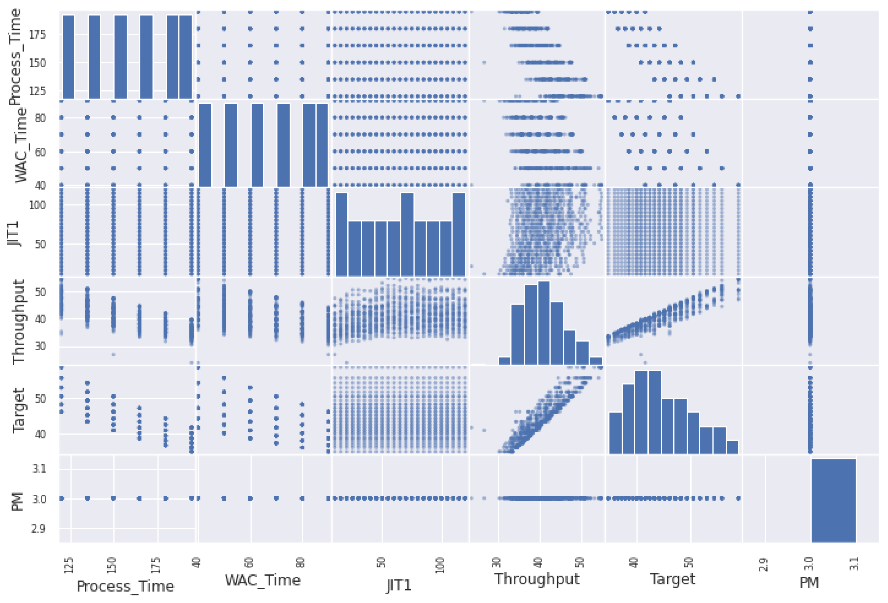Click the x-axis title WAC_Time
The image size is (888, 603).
click(262, 580)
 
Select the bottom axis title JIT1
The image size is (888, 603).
click(398, 585)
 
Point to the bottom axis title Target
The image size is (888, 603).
click(672, 579)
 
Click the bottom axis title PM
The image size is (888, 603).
click(809, 583)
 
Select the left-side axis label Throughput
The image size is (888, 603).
click(18, 322)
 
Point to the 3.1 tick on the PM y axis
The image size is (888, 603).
click(39, 469)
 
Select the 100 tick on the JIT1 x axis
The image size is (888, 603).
click(441, 565)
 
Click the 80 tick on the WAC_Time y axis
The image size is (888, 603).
click(40, 118)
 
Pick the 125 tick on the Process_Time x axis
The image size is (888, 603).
click(69, 565)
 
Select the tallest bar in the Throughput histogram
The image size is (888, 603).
click(544, 323)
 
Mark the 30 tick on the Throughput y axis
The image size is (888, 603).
click(40, 346)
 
